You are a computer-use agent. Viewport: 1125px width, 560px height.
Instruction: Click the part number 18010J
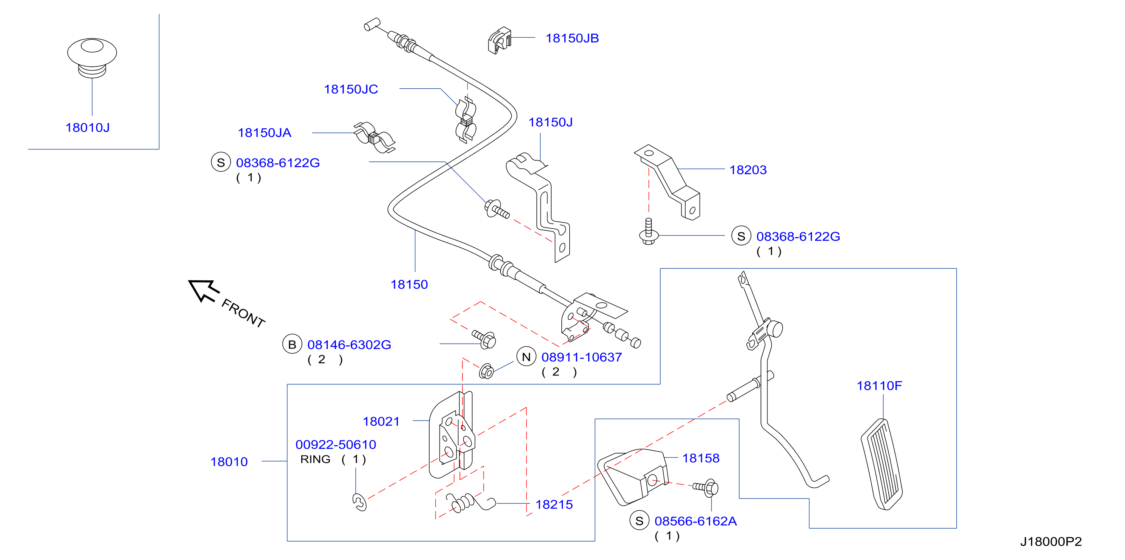point(87,128)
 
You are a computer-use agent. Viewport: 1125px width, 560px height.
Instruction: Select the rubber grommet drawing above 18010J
point(92,58)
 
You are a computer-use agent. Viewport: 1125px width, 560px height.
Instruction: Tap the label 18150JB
point(572,38)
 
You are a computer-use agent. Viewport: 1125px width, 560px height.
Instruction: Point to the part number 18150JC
point(351,89)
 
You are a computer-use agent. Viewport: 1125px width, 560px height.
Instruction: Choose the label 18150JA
point(264,133)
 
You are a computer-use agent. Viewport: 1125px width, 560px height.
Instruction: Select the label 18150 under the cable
point(409,285)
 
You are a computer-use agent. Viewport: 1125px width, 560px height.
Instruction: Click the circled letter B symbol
point(292,345)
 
